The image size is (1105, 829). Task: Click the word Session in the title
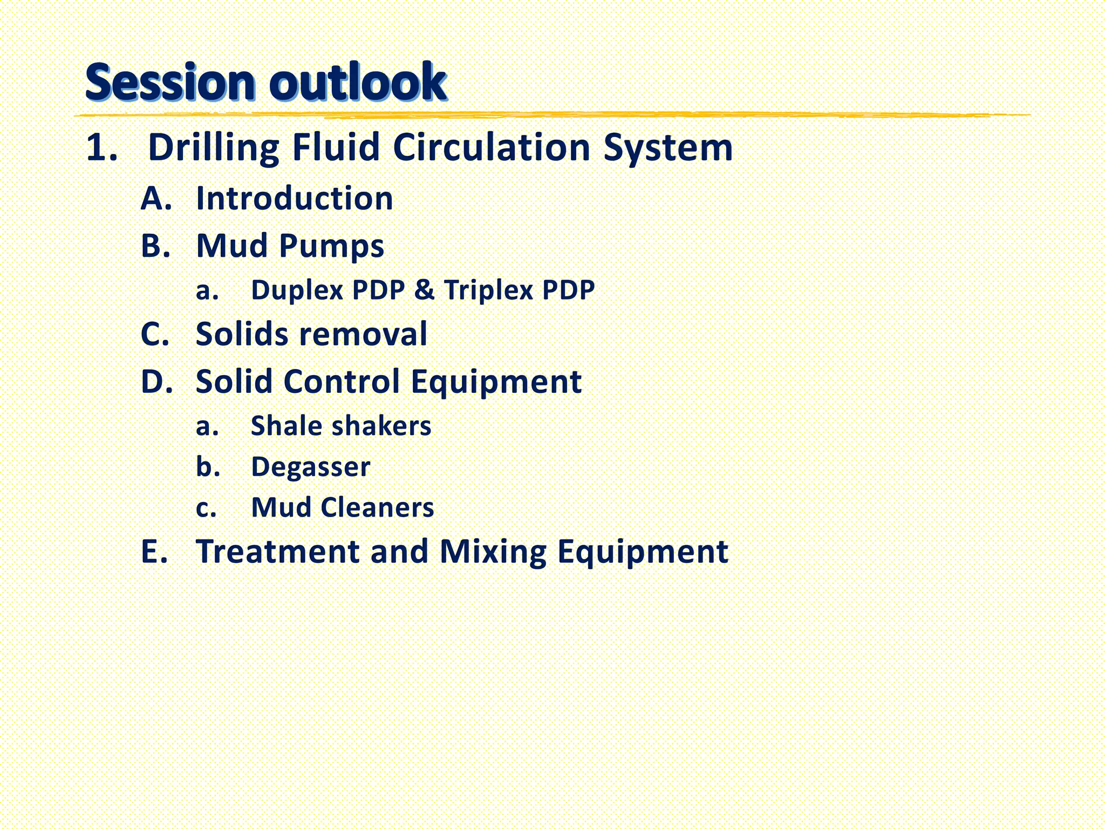(169, 82)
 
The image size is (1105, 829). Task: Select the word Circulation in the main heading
(492, 147)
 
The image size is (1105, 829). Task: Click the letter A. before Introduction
(156, 199)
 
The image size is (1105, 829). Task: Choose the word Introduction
(295, 199)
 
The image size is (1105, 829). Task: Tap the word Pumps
(331, 247)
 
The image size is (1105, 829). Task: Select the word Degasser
(311, 467)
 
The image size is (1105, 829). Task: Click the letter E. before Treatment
(154, 552)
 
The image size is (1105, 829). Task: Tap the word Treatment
(278, 552)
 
